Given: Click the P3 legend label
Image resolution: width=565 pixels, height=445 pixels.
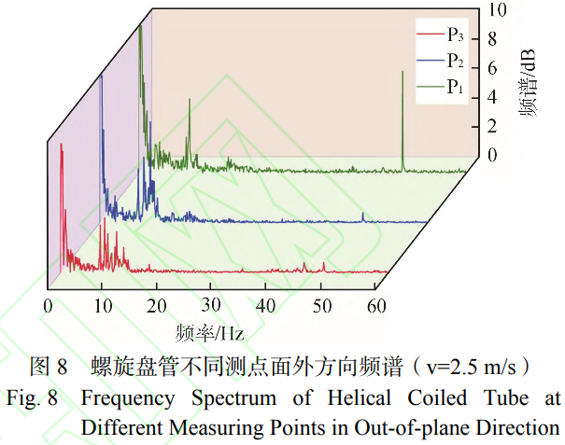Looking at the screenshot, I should click(x=456, y=36).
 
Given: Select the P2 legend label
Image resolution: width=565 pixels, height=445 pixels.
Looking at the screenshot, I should click(x=456, y=62).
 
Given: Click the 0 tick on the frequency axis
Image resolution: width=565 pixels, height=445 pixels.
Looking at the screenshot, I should click(x=48, y=305).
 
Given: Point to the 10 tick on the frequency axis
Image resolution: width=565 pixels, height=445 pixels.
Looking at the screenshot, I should click(x=102, y=305).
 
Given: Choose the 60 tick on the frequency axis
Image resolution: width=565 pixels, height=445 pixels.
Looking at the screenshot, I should click(x=376, y=305).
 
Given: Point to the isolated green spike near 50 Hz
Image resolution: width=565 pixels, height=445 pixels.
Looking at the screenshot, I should click(x=403, y=73).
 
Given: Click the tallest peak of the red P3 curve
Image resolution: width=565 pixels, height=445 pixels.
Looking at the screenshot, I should click(x=62, y=146).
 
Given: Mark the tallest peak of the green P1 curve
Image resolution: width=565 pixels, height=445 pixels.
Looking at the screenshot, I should click(x=140, y=26).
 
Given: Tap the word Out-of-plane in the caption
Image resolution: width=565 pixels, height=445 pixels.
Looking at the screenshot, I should click(x=411, y=427).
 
